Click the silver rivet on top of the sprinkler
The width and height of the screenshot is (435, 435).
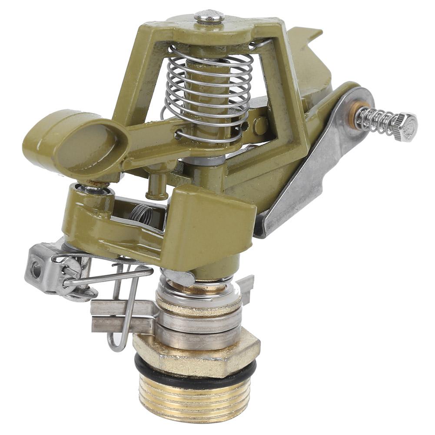pos(209,17)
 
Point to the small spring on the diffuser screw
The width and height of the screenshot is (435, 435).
pos(377,118)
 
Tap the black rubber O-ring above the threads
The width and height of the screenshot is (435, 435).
pos(196,372)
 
